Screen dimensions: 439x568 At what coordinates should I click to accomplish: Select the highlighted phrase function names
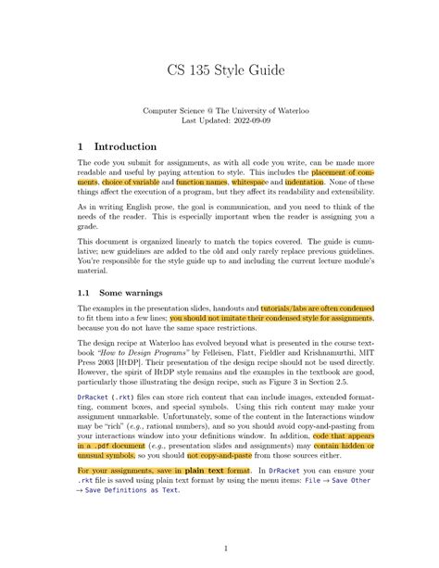tap(202, 183)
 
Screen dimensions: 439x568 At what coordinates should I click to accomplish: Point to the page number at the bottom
tap(219, 549)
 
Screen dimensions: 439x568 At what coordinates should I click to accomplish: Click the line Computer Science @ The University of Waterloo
tap(219, 109)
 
